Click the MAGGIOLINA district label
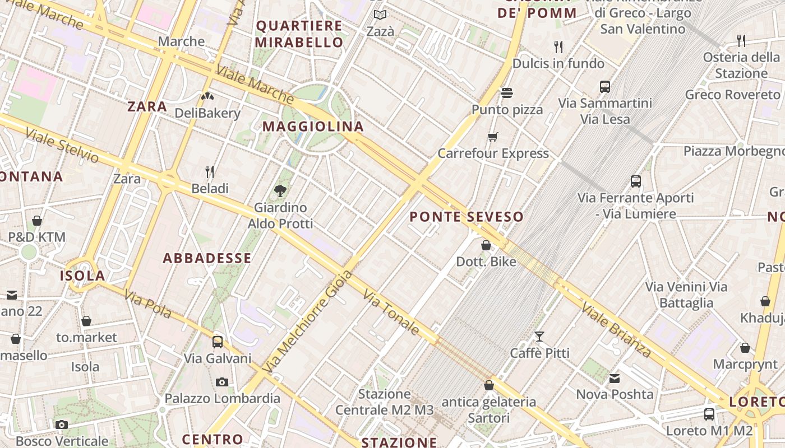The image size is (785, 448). click(x=313, y=127)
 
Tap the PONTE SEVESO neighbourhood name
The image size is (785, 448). click(x=467, y=217)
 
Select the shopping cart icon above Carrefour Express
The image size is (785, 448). click(x=493, y=137)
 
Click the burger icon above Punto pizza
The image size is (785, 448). click(x=507, y=92)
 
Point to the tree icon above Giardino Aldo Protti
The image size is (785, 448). click(x=280, y=191)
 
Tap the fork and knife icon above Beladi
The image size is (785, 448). click(x=210, y=171)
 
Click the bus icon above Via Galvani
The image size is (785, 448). click(x=218, y=342)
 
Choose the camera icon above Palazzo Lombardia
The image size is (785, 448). click(x=222, y=382)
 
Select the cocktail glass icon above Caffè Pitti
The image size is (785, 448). click(x=539, y=336)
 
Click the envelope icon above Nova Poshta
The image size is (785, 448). click(x=615, y=379)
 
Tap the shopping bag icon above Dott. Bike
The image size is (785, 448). click(x=486, y=245)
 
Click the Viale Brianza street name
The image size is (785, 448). click(x=616, y=330)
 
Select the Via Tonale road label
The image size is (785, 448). click(x=391, y=312)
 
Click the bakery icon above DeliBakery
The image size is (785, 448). click(x=207, y=96)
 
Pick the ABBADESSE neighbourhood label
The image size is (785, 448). click(x=207, y=258)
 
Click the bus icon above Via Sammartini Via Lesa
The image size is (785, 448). click(x=604, y=87)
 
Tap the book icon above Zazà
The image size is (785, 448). click(x=380, y=15)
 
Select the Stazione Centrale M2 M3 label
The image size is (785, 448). click(x=385, y=402)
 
